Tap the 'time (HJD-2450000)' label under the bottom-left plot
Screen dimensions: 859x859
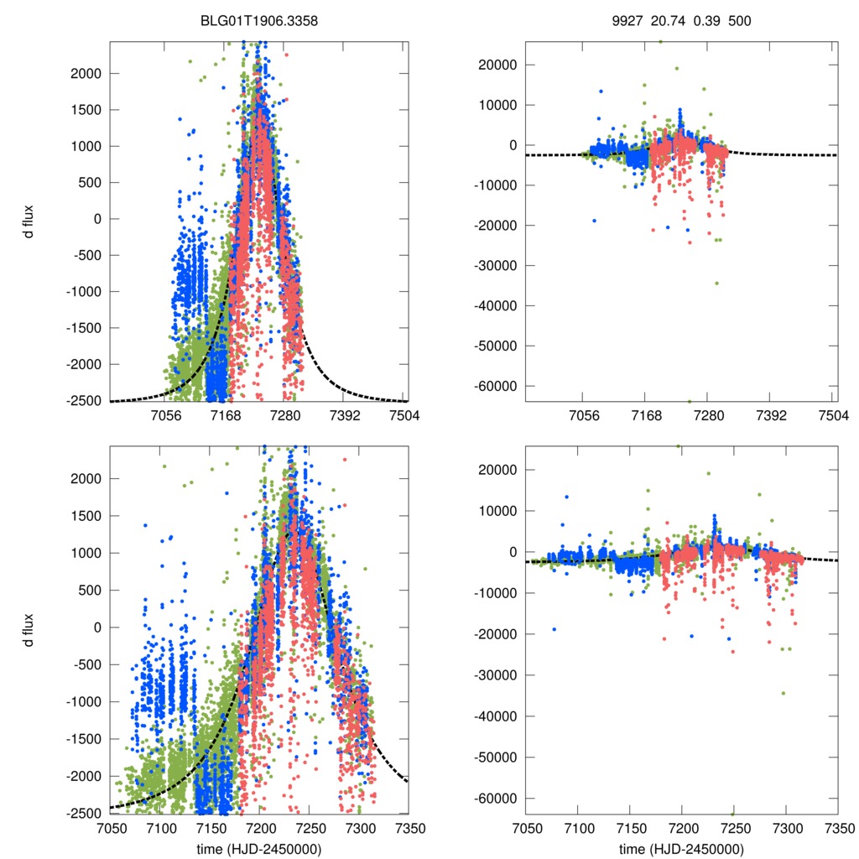click(x=259, y=849)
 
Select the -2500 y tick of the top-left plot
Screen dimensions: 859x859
click(x=83, y=401)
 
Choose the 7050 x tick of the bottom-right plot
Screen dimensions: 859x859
click(x=526, y=828)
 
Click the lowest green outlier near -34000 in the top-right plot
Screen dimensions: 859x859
click(x=716, y=283)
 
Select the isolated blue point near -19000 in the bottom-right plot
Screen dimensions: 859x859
click(x=554, y=629)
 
